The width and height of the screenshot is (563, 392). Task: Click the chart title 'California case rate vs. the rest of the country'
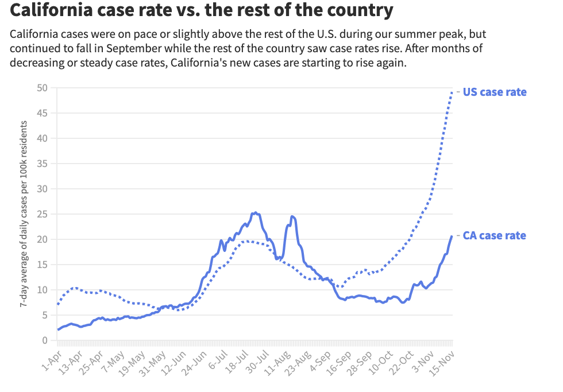(x=202, y=10)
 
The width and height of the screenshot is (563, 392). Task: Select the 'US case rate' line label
(x=495, y=92)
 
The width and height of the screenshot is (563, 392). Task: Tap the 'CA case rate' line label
(x=495, y=235)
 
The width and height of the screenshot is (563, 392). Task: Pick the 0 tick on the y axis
(x=44, y=340)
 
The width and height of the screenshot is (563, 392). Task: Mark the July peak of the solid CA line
(x=255, y=212)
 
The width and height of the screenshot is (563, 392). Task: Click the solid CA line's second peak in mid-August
(x=292, y=216)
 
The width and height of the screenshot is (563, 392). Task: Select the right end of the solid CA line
(x=452, y=235)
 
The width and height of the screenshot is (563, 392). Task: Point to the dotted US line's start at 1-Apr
(x=58, y=304)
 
